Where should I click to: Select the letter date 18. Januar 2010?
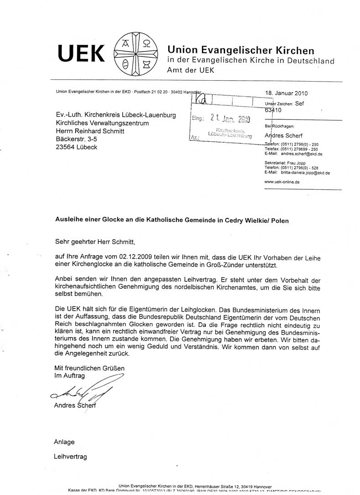point(286,93)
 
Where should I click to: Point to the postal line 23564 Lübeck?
point(76,147)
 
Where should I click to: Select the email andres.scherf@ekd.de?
point(301,154)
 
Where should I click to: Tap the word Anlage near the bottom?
point(64,442)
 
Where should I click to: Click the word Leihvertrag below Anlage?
point(70,456)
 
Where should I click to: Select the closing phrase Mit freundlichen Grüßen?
point(89,368)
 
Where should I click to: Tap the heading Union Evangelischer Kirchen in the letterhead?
point(241,50)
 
